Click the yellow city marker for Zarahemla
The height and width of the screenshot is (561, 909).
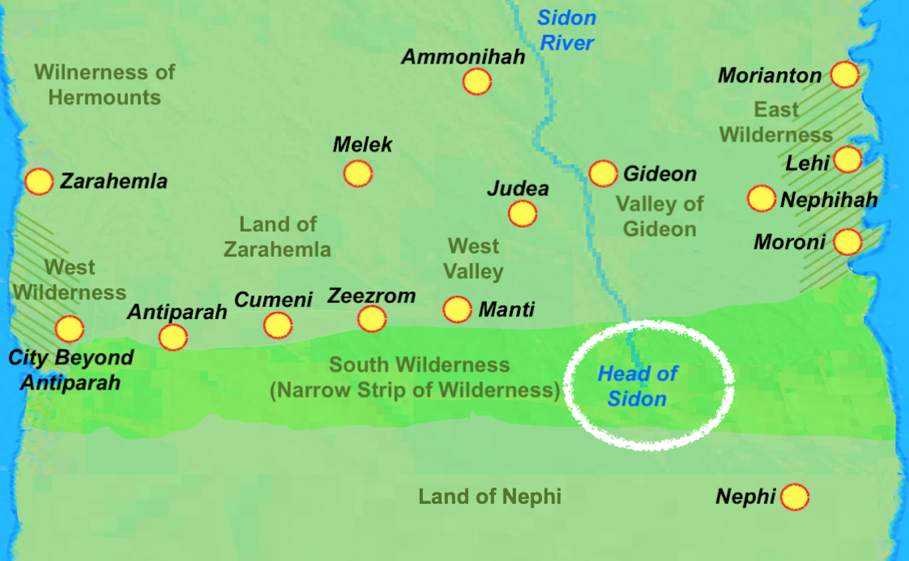39,181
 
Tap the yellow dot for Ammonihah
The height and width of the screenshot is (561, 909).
476,81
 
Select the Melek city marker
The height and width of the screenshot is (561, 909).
358,173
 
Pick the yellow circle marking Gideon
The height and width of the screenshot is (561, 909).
603,173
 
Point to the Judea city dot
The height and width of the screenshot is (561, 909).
522,214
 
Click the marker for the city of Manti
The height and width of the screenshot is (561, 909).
457,309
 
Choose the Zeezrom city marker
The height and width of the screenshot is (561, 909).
372,319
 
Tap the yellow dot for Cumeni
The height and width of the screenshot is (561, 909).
277,325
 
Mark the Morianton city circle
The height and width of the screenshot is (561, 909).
845,74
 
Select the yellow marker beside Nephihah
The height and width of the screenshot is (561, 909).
761,198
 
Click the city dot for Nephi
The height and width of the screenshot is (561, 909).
795,497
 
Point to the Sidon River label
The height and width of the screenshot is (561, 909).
566,30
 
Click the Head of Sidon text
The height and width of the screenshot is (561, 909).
637,386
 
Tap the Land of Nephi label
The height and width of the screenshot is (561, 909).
490,496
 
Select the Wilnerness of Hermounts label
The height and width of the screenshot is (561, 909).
105,84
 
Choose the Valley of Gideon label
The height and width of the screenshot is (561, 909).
660,216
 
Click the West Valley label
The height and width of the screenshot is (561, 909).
474,259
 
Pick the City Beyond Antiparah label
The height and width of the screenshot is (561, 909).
71,370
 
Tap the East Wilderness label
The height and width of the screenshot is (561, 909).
775,122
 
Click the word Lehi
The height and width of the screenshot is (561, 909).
807,163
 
